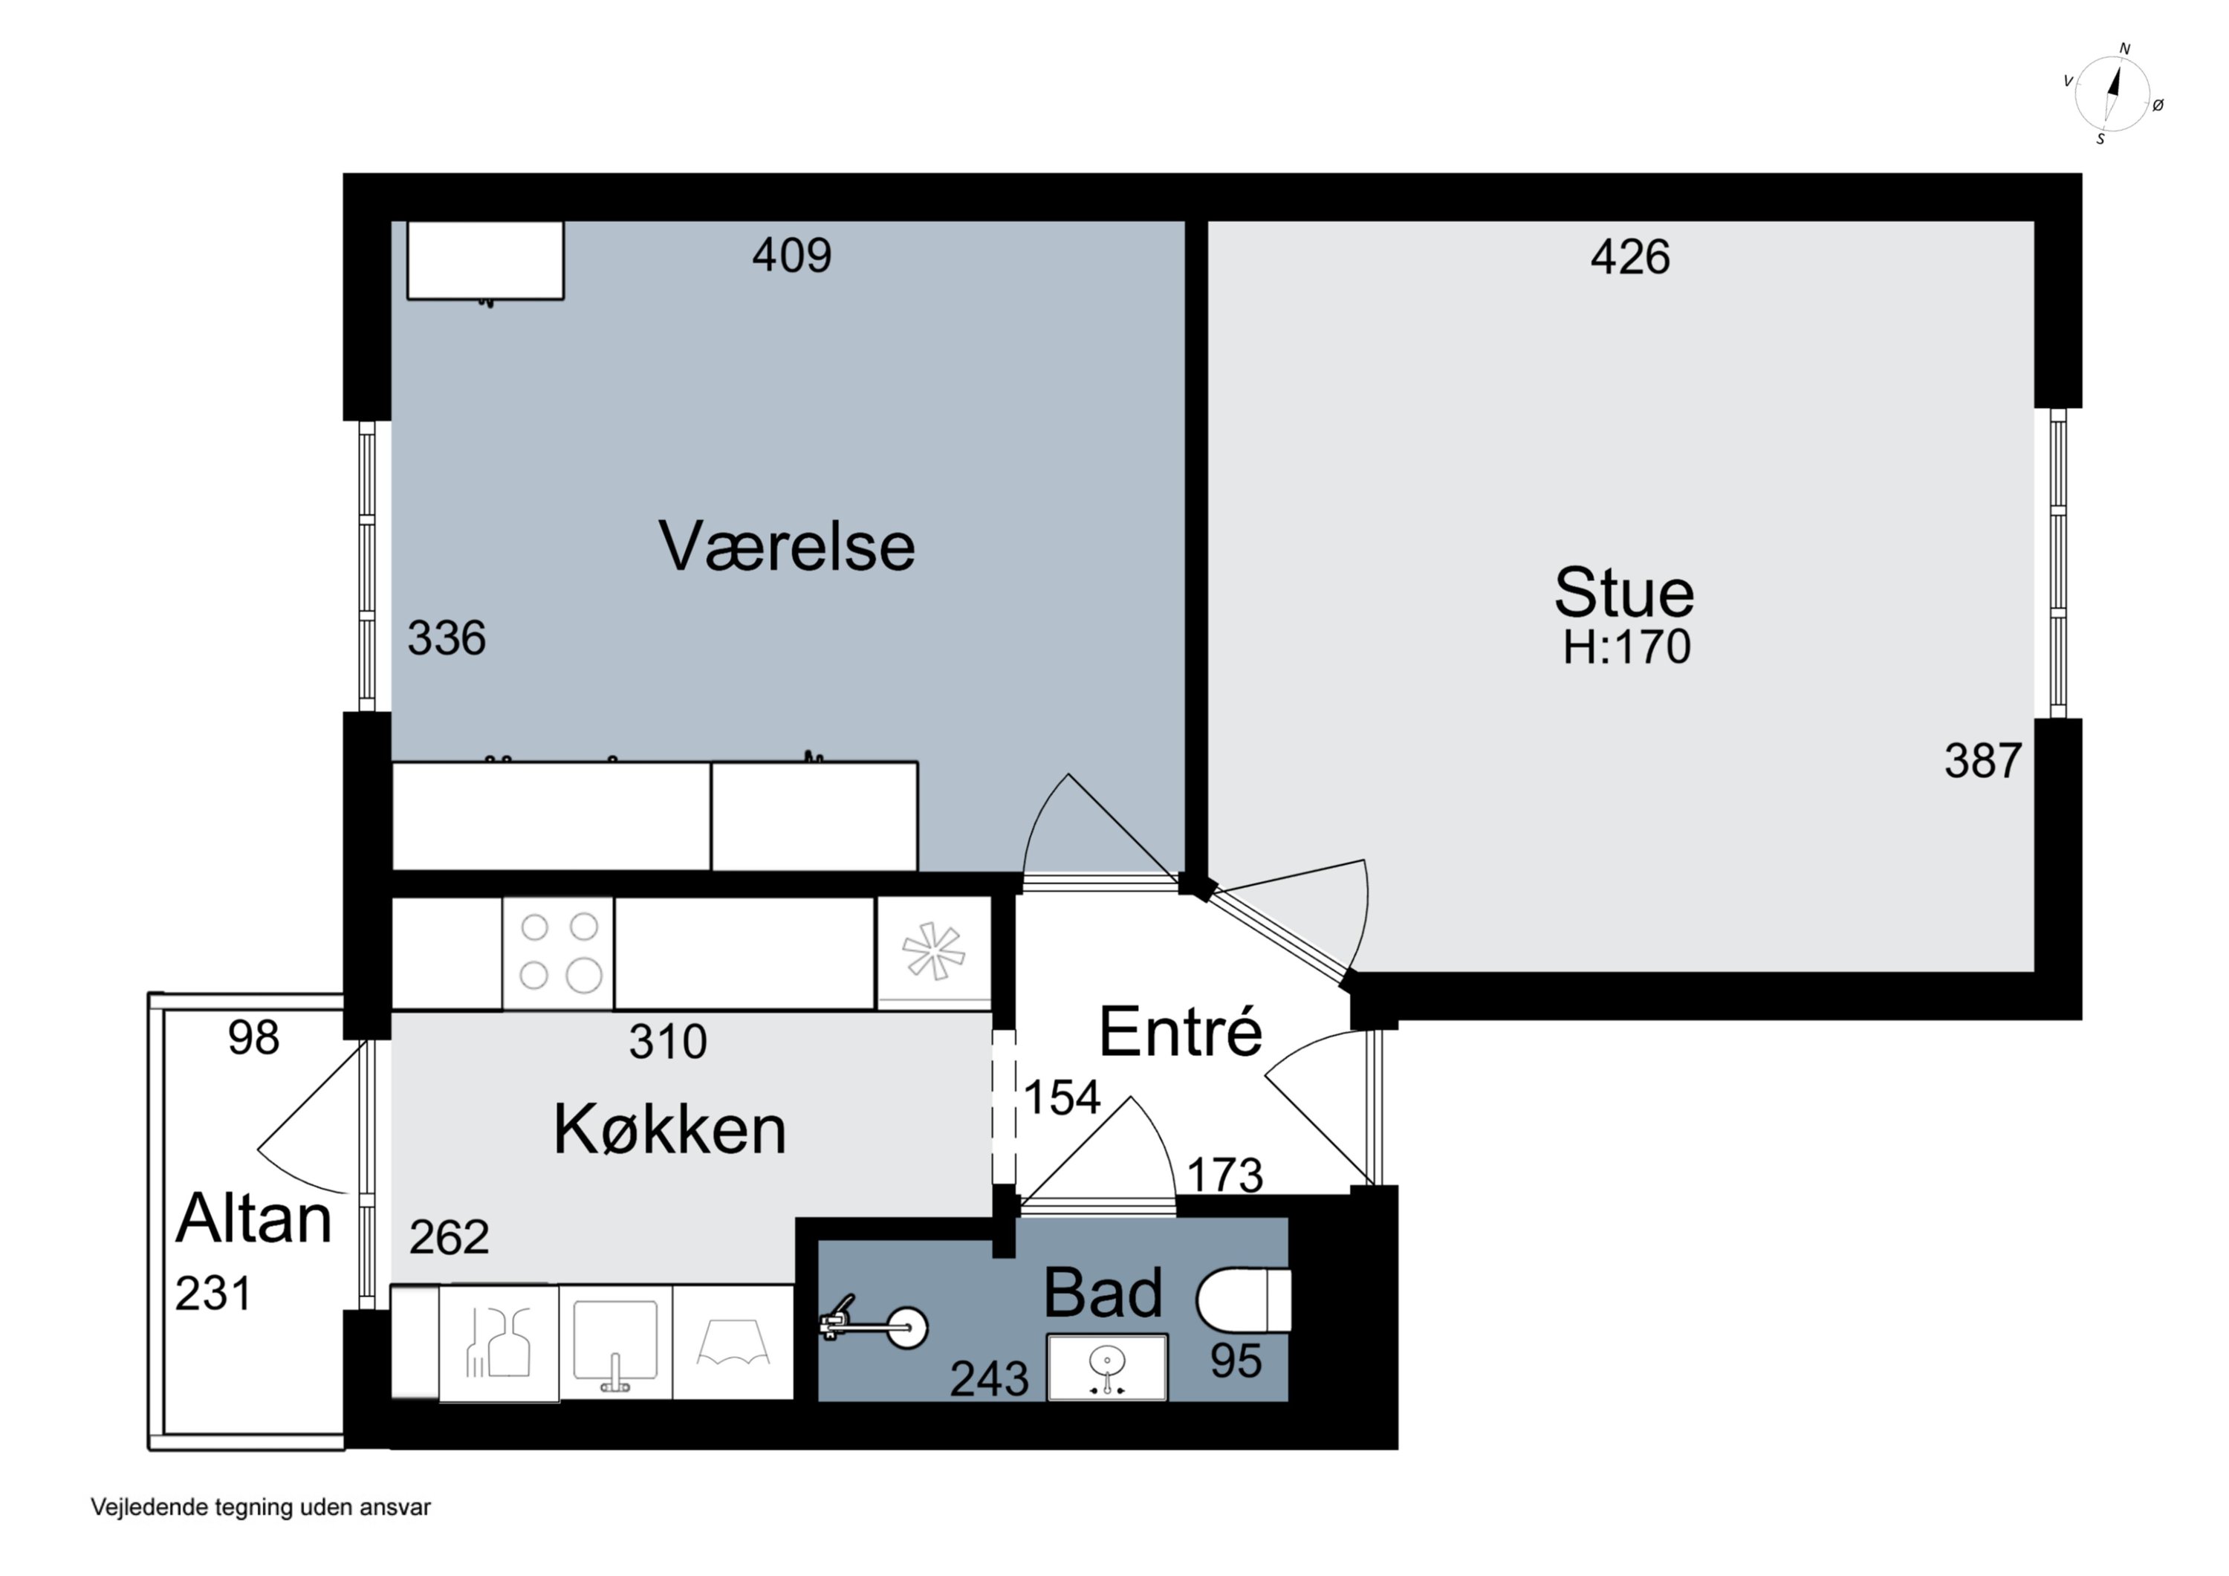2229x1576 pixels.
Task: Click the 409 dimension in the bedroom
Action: (791, 256)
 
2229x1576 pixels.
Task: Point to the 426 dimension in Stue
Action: (1629, 257)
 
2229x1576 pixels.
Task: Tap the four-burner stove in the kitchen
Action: (558, 953)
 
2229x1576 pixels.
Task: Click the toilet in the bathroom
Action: (1242, 1300)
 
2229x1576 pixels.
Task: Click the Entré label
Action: (1180, 1032)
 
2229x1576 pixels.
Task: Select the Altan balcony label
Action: (253, 1219)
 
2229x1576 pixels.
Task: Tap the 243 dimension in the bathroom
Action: (988, 1379)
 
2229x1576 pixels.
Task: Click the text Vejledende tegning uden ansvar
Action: (260, 1507)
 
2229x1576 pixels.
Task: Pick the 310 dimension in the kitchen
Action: (667, 1042)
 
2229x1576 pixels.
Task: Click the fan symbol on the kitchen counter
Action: (933, 952)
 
